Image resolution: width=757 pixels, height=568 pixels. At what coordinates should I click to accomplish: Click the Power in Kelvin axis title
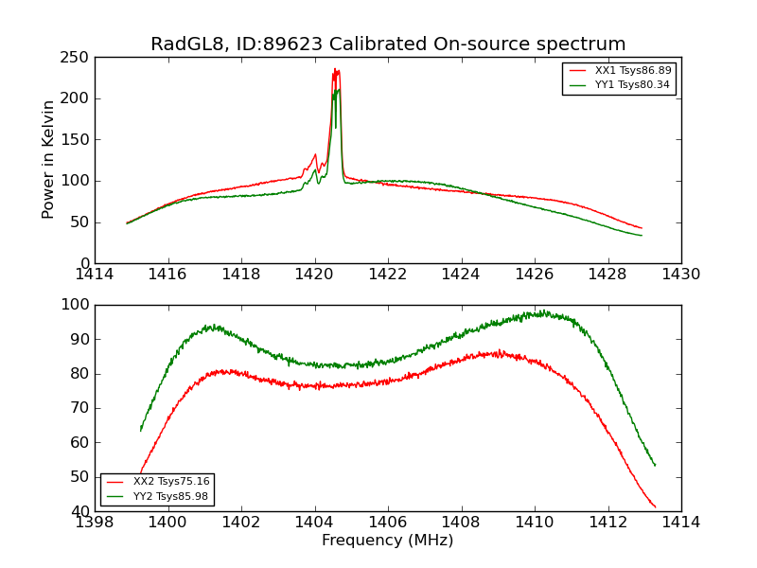48,159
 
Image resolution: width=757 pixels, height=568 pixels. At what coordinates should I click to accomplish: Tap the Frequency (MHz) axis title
387,541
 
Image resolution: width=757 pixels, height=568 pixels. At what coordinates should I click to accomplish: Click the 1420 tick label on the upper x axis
314,274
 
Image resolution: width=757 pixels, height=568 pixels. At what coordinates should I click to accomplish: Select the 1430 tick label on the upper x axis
680,274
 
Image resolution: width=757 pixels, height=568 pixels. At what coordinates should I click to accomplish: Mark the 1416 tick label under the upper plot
168,274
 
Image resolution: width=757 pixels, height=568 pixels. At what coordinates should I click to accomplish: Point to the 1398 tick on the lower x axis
95,522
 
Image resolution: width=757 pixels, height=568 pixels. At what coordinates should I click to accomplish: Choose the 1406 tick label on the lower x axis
387,522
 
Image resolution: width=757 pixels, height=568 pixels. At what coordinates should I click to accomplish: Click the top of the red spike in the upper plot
335,69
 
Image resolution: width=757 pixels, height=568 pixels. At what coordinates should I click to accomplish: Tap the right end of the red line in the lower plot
655,507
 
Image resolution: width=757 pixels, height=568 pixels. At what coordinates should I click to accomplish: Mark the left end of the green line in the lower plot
141,431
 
